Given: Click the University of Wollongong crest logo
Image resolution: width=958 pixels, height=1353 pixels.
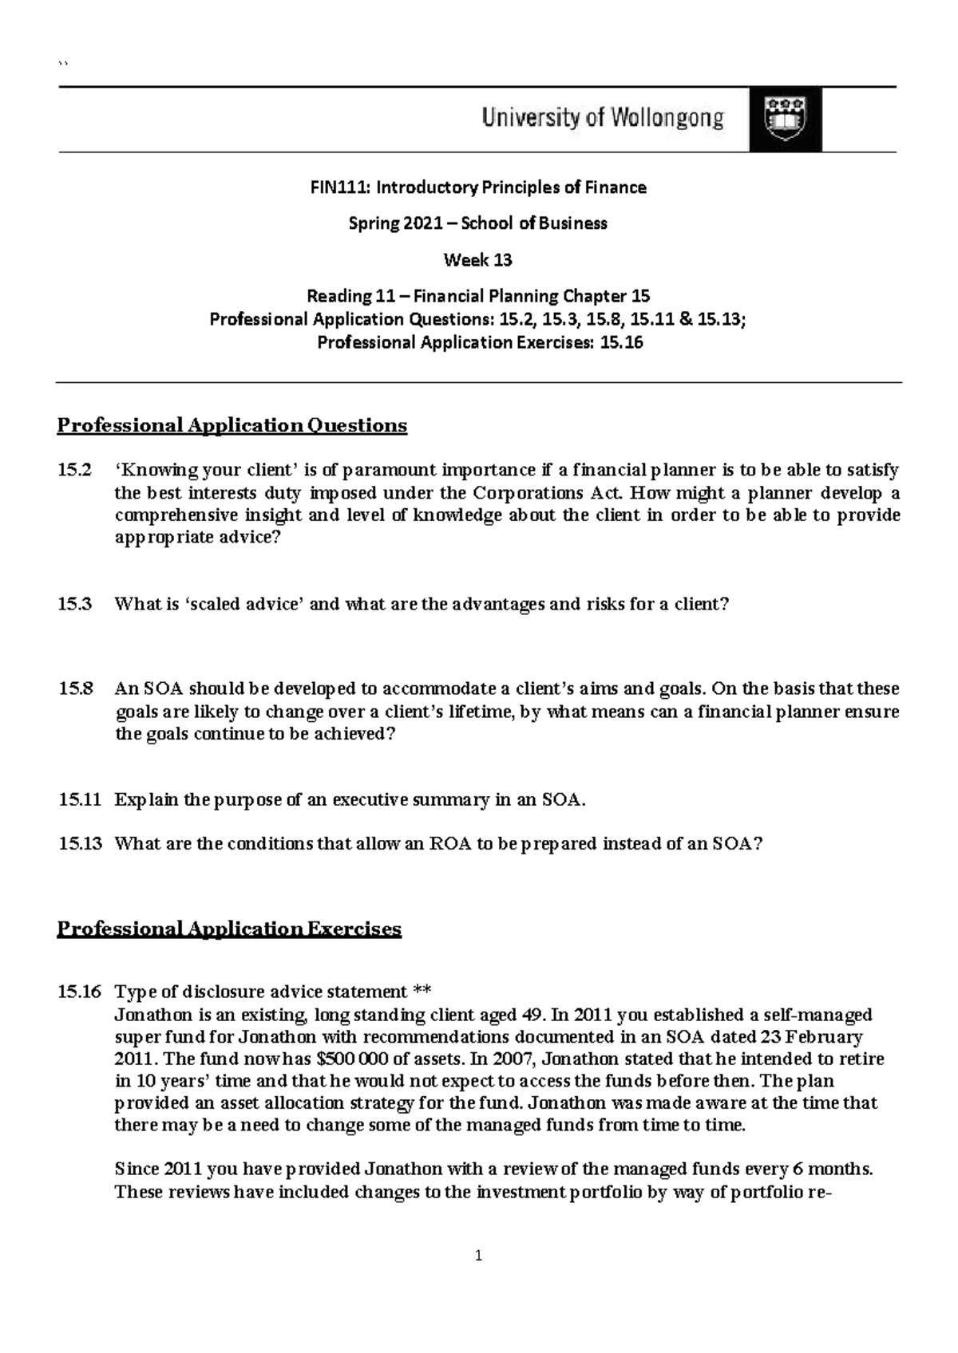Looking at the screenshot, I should [x=785, y=120].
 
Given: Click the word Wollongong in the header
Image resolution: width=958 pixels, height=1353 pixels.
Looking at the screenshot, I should [x=667, y=119].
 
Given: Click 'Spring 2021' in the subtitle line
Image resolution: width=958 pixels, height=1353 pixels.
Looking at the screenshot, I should [x=394, y=223].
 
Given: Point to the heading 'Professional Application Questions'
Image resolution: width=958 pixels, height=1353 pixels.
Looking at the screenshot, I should [x=232, y=425].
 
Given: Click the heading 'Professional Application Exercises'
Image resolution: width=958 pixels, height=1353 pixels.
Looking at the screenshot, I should [x=229, y=929].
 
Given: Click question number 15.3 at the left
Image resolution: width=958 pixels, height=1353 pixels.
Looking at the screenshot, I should [x=75, y=604].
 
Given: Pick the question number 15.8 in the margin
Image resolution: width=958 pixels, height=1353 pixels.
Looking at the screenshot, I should [x=75, y=688].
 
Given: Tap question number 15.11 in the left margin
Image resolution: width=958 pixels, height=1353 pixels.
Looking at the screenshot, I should [x=79, y=799].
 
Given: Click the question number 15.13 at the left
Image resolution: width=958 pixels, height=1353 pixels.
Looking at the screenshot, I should [x=80, y=843].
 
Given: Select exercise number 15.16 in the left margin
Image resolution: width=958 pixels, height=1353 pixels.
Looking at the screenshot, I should [x=79, y=992].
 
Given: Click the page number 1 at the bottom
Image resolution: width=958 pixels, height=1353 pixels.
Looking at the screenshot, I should [x=478, y=1256].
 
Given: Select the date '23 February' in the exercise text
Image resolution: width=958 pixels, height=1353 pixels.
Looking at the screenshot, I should [x=814, y=1037].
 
